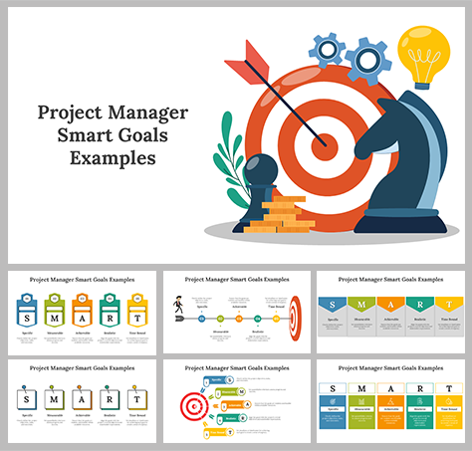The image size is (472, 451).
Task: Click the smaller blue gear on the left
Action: pos(327,47)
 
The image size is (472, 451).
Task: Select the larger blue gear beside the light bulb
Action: pos(369,60)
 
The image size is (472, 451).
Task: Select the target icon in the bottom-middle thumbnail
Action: pos(192,405)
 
